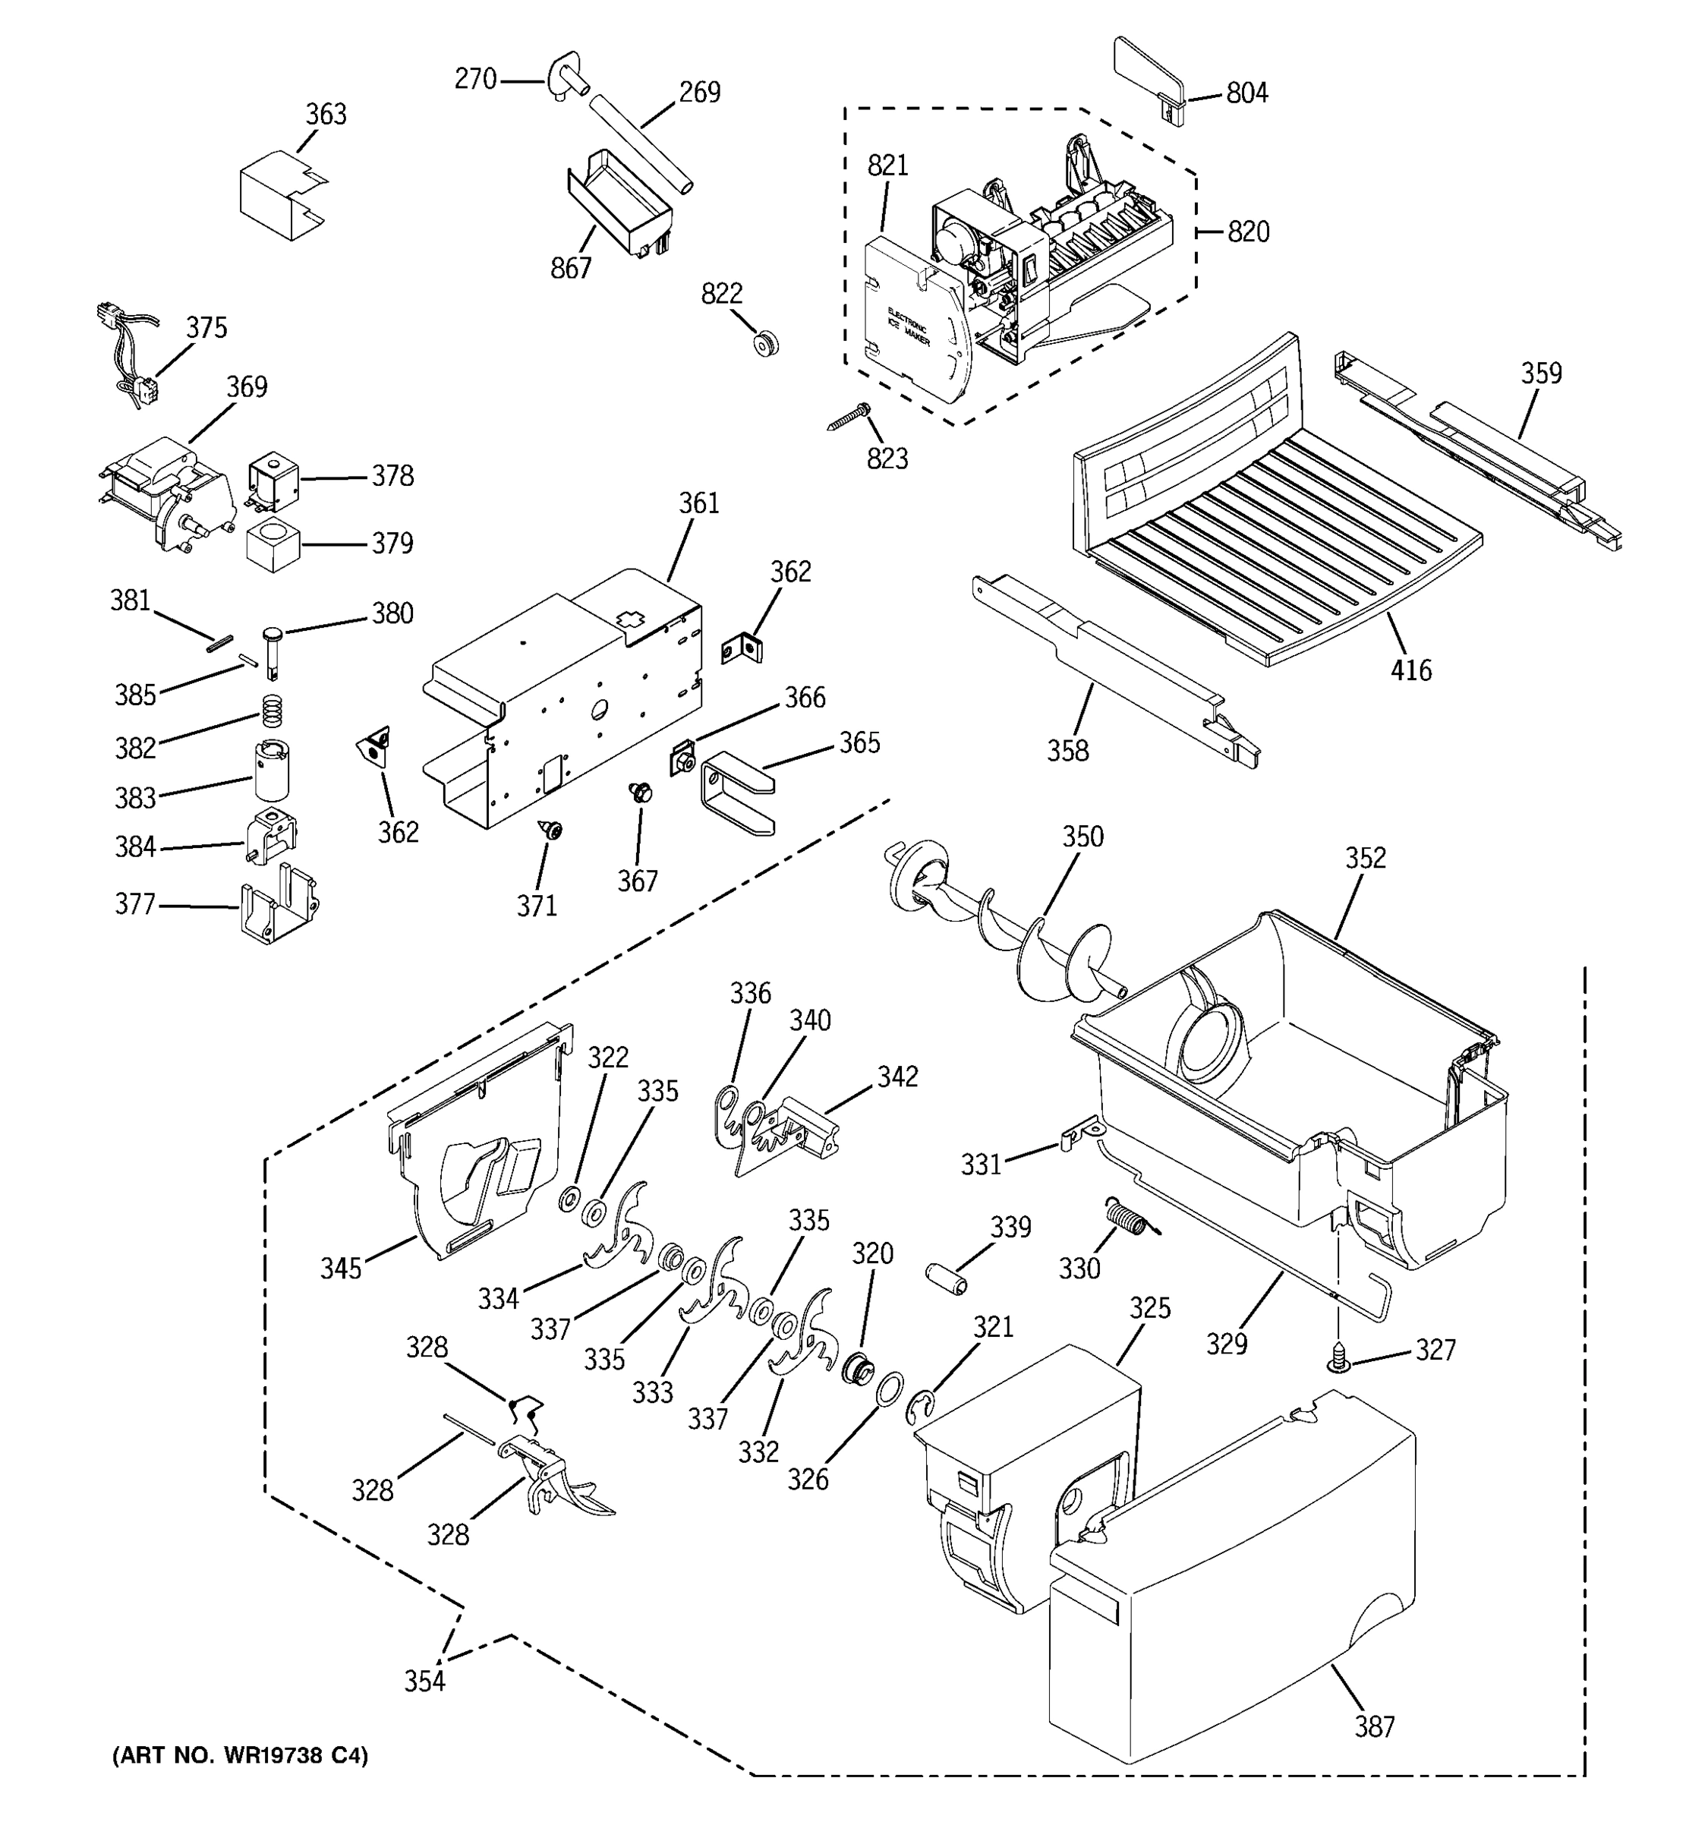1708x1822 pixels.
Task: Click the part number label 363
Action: pyautogui.click(x=326, y=115)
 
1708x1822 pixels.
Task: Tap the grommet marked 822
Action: pyautogui.click(x=765, y=345)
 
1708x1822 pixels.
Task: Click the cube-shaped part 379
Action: pyautogui.click(x=273, y=545)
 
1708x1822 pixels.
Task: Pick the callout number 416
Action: pyautogui.click(x=1410, y=671)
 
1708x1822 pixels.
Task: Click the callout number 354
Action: pyautogui.click(x=425, y=1682)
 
